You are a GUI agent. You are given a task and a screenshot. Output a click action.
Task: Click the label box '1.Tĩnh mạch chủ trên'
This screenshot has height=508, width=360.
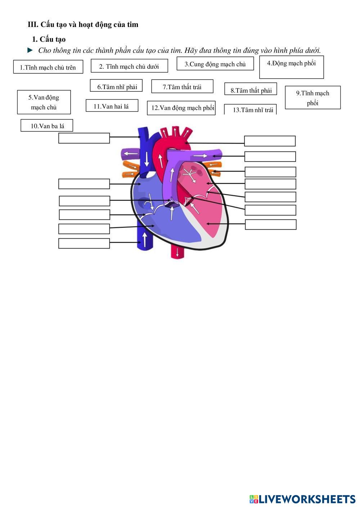pyautogui.click(x=48, y=67)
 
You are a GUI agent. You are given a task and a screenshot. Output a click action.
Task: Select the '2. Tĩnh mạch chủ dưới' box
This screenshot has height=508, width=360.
pyautogui.click(x=129, y=66)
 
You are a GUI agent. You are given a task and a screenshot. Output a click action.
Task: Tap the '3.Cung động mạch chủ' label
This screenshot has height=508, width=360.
pyautogui.click(x=215, y=63)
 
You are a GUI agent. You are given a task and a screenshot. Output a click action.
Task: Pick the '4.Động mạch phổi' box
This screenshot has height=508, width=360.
pyautogui.click(x=292, y=67)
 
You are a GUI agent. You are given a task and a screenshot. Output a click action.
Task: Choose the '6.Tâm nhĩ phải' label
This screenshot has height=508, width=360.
pyautogui.click(x=116, y=86)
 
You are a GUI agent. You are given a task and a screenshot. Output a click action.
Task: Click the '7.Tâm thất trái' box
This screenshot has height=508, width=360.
pyautogui.click(x=182, y=86)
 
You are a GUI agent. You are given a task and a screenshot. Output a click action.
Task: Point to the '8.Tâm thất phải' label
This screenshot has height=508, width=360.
pyautogui.click(x=251, y=89)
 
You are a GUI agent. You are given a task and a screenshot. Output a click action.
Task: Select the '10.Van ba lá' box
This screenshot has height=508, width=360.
pyautogui.click(x=47, y=126)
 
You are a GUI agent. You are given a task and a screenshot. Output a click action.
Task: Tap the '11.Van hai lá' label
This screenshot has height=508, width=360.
pyautogui.click(x=112, y=105)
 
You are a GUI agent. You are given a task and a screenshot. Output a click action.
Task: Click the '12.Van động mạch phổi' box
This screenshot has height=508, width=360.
pyautogui.click(x=181, y=108)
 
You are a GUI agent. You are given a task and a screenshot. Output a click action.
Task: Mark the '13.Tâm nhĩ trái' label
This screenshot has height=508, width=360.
pyautogui.click(x=250, y=109)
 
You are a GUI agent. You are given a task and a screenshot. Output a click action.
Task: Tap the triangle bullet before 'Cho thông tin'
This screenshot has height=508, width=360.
pyautogui.click(x=30, y=50)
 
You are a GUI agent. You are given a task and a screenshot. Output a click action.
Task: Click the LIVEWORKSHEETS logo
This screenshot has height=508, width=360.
pyautogui.click(x=302, y=499)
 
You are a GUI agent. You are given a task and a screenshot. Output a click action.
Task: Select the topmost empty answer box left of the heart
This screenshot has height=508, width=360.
pyautogui.click(x=84, y=138)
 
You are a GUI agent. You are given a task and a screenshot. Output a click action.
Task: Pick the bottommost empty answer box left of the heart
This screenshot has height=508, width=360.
pyautogui.click(x=84, y=243)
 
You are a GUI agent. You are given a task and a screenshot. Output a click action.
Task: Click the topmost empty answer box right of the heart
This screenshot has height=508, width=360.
pyautogui.click(x=270, y=141)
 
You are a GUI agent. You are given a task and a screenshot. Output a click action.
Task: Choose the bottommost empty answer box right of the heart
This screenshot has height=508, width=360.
pyautogui.click(x=271, y=224)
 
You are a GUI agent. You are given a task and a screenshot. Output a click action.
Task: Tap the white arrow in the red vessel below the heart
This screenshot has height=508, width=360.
pyautogui.click(x=177, y=252)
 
